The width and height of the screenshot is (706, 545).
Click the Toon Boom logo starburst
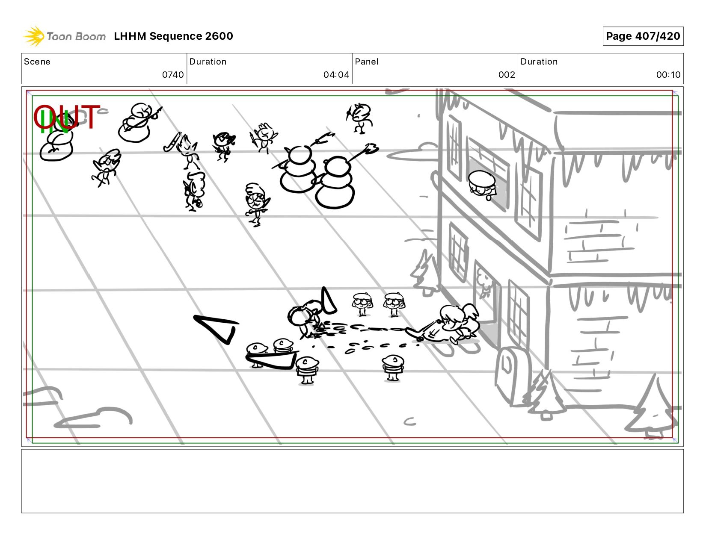(34, 36)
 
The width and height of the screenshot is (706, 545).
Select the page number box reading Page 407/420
(643, 36)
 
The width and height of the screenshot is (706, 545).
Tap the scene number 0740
(173, 75)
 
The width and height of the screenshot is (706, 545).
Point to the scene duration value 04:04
(336, 75)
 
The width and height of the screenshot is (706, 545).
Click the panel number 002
(507, 75)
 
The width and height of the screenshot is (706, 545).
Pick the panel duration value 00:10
(668, 75)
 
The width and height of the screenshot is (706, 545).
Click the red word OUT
(66, 117)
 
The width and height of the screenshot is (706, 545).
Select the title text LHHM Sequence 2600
(173, 36)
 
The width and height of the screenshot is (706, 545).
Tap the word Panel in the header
(367, 62)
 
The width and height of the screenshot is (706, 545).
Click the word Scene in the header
(37, 62)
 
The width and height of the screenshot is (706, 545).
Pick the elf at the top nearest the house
(359, 118)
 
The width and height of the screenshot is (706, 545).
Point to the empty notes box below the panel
(353, 481)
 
